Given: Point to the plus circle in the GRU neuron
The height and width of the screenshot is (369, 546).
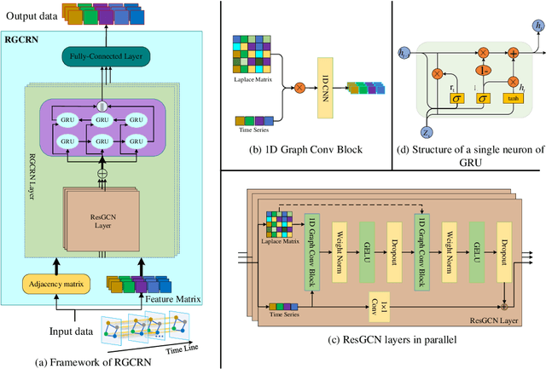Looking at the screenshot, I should pyautogui.click(x=514, y=52).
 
